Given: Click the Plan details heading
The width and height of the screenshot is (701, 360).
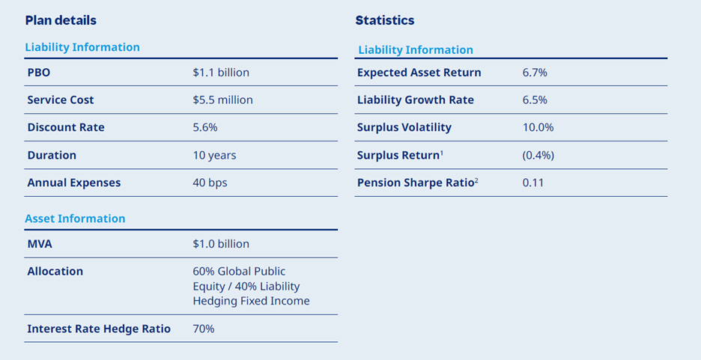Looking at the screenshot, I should click(61, 20).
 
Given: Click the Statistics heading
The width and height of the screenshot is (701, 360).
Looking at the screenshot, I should click(384, 20).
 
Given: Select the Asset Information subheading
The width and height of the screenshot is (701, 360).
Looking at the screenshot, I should click(75, 219).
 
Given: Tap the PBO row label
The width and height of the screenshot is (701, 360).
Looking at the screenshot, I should click(39, 73).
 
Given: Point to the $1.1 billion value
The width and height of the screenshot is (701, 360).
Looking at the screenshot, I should click(221, 73).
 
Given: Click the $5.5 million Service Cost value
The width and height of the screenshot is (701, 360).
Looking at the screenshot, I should click(222, 100).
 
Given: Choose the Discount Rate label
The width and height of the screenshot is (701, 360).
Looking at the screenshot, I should click(66, 127).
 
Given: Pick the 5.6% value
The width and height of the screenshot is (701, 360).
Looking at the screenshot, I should click(205, 127).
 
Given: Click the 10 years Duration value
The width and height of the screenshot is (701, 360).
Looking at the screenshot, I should click(214, 156).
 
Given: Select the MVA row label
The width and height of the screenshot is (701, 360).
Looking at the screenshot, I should click(40, 244).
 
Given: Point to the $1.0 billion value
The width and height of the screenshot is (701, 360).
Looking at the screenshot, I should click(221, 244).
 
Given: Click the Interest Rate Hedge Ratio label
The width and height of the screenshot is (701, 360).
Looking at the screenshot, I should click(99, 329).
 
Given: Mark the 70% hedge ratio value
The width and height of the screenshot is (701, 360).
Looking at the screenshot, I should click(204, 329).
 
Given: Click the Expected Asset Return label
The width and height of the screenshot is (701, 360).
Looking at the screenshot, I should click(419, 73).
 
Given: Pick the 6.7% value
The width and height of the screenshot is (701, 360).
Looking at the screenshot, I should click(535, 73).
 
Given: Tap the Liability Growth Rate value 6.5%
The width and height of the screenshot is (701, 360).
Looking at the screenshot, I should click(535, 100).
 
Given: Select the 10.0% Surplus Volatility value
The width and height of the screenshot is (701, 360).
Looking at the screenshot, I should click(538, 127).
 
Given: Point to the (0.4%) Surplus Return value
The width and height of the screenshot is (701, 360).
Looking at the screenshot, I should click(538, 156).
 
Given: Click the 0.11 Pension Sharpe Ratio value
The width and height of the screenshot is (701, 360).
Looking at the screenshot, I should click(533, 183).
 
